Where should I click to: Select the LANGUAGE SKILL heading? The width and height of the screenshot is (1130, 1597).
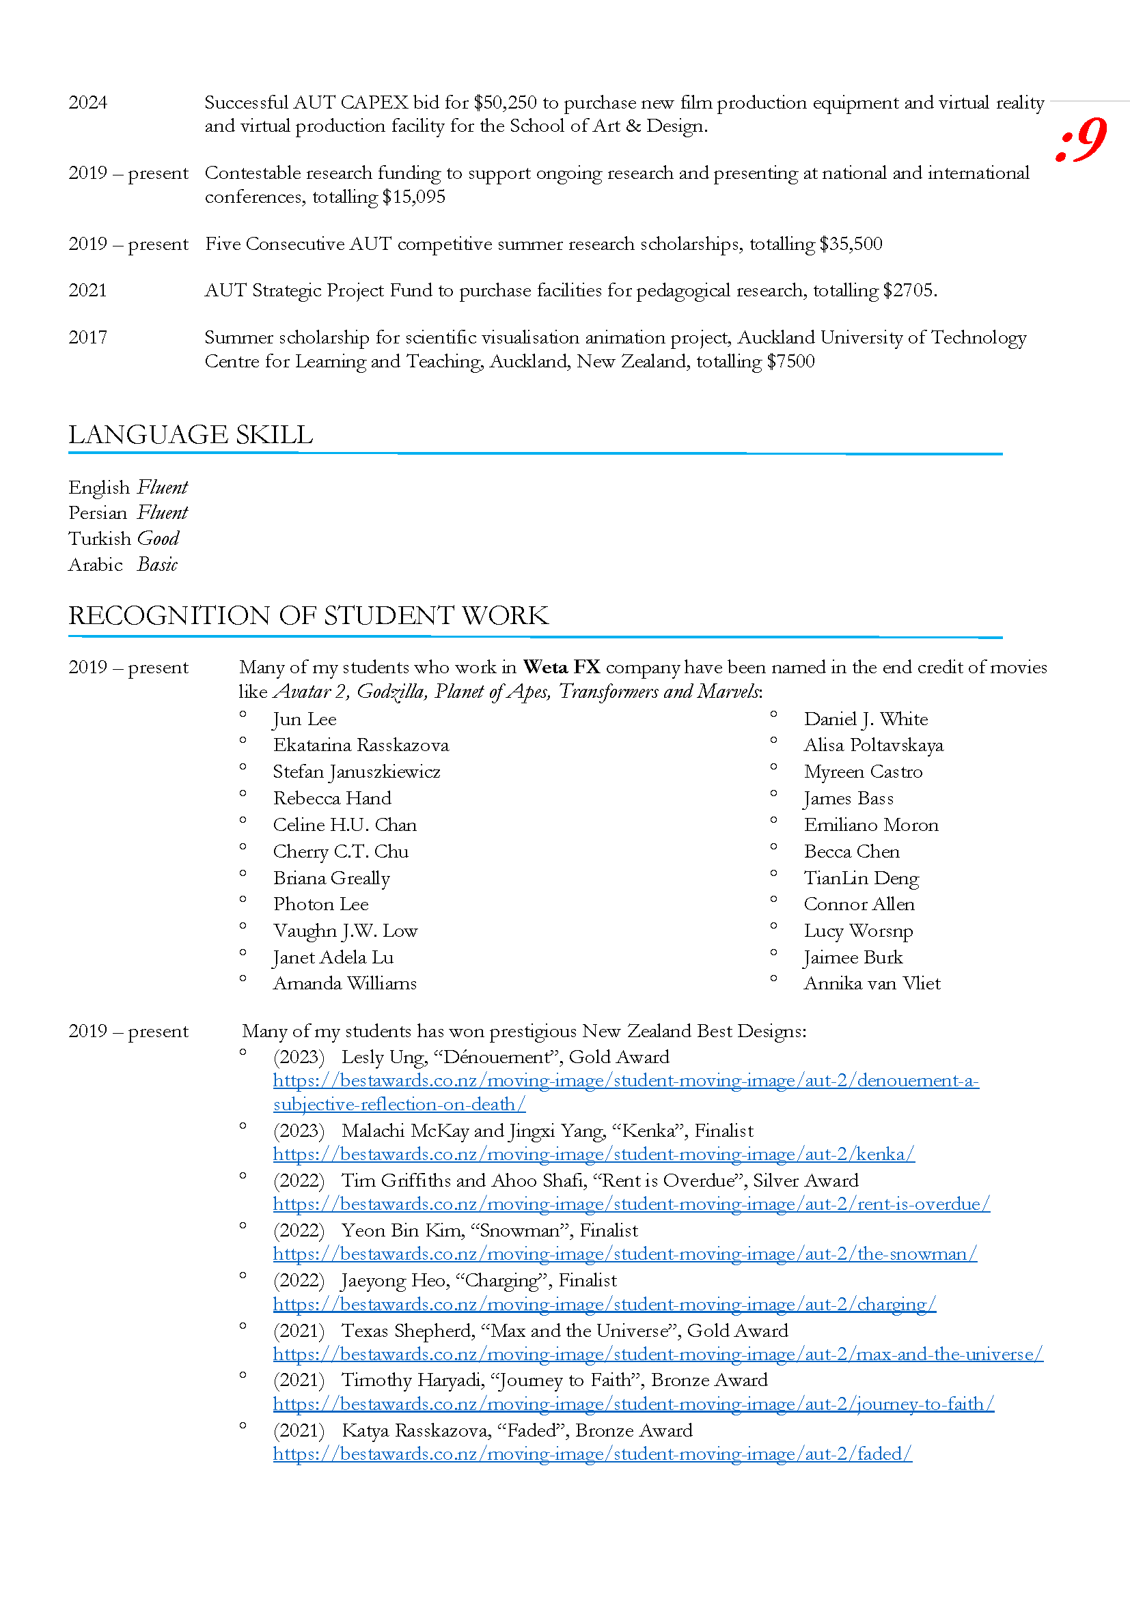191,435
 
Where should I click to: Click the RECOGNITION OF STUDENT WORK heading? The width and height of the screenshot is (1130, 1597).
308,616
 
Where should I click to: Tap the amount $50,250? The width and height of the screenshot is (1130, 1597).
505,103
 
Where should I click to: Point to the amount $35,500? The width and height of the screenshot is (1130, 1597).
851,244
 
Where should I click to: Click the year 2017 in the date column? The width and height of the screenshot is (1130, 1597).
87,338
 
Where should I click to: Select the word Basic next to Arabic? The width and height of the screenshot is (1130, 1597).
157,565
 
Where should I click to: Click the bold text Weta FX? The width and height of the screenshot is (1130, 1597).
562,668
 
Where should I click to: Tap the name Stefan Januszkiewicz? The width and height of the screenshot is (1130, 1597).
356,772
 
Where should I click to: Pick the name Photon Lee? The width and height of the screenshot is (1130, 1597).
321,905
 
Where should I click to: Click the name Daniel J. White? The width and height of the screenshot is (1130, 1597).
866,719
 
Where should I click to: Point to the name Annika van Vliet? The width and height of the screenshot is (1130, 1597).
872,983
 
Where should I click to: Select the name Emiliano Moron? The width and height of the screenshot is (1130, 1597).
871,825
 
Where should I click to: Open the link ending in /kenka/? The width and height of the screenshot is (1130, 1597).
594,1155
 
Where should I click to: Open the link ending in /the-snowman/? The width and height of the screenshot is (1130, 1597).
625,1254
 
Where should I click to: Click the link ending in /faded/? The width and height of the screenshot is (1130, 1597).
592,1454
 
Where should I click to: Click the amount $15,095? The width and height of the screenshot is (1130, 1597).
413,197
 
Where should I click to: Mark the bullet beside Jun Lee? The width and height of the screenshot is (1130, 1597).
243,714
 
